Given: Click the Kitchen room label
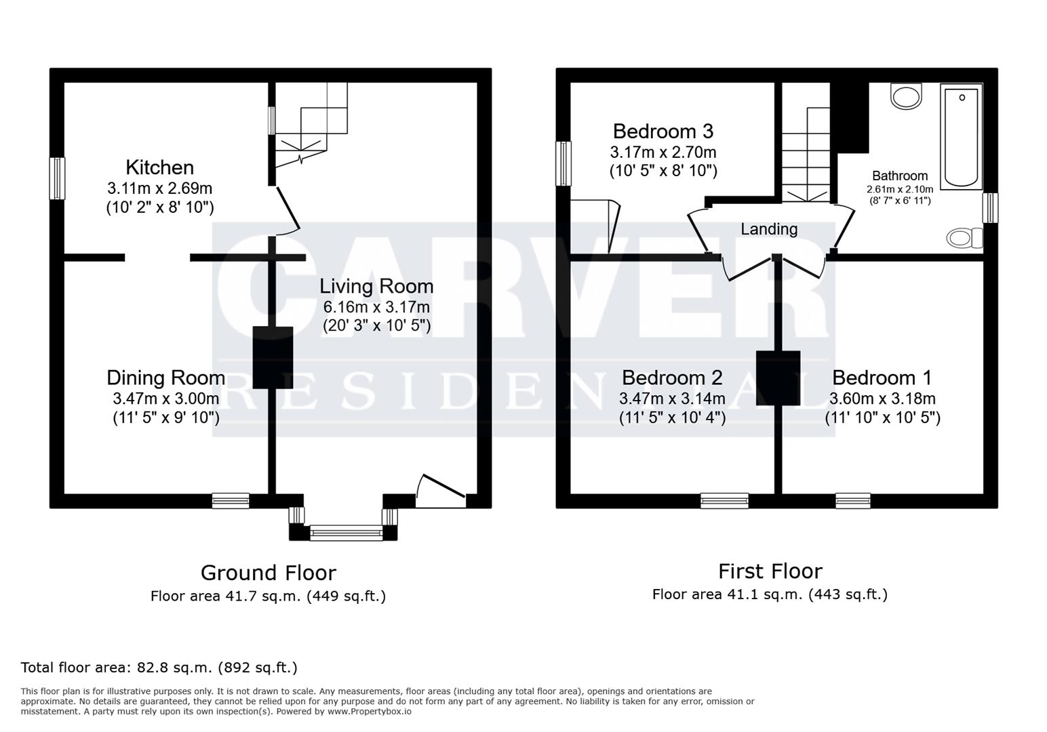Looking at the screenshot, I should point(159,167).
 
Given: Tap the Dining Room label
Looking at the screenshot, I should point(165,378).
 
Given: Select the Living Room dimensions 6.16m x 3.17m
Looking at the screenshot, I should point(376,307).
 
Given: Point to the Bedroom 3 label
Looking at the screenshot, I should point(663,131).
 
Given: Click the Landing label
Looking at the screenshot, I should point(768,229).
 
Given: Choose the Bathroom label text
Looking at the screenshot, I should point(899,176).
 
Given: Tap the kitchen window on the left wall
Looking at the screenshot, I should point(58,178).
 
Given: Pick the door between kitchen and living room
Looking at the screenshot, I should point(287,211).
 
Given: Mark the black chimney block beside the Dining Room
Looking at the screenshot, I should point(273,357).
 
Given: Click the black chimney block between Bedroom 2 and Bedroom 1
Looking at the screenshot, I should point(778,378).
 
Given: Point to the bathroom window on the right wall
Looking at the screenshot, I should point(990,207).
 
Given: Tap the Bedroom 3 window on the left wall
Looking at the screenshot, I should point(564,163).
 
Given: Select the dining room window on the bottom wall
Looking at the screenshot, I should point(231,501).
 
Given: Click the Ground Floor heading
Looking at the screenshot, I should point(268,573).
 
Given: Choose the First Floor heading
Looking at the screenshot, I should point(770,571).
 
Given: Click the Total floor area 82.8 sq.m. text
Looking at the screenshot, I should point(159,668).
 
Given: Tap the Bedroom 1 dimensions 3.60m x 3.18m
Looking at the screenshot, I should point(882,399).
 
